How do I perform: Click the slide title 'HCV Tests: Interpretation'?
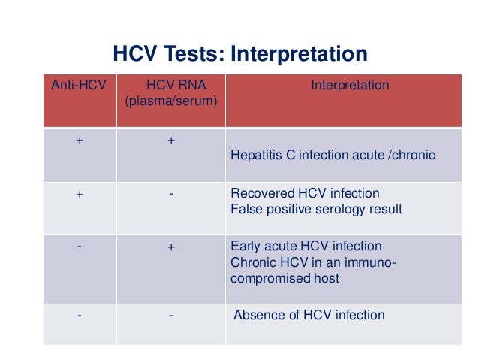[239, 55]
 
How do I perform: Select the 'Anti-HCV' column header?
[80, 86]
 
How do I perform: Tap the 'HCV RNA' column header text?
[170, 86]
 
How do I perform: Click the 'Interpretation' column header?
[350, 86]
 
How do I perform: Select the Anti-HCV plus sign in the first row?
[80, 141]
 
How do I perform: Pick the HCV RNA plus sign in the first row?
[170, 141]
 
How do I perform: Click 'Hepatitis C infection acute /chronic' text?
[333, 156]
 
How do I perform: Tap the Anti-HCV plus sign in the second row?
[80, 194]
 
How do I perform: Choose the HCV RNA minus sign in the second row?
[170, 193]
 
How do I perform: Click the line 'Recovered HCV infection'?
[305, 193]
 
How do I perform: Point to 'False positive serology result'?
[316, 209]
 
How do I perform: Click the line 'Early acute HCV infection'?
[306, 247]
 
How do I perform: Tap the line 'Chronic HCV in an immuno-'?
[313, 262]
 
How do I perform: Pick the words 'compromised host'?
[285, 278]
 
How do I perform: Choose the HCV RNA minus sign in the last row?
[170, 315]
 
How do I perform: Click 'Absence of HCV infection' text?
[309, 315]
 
